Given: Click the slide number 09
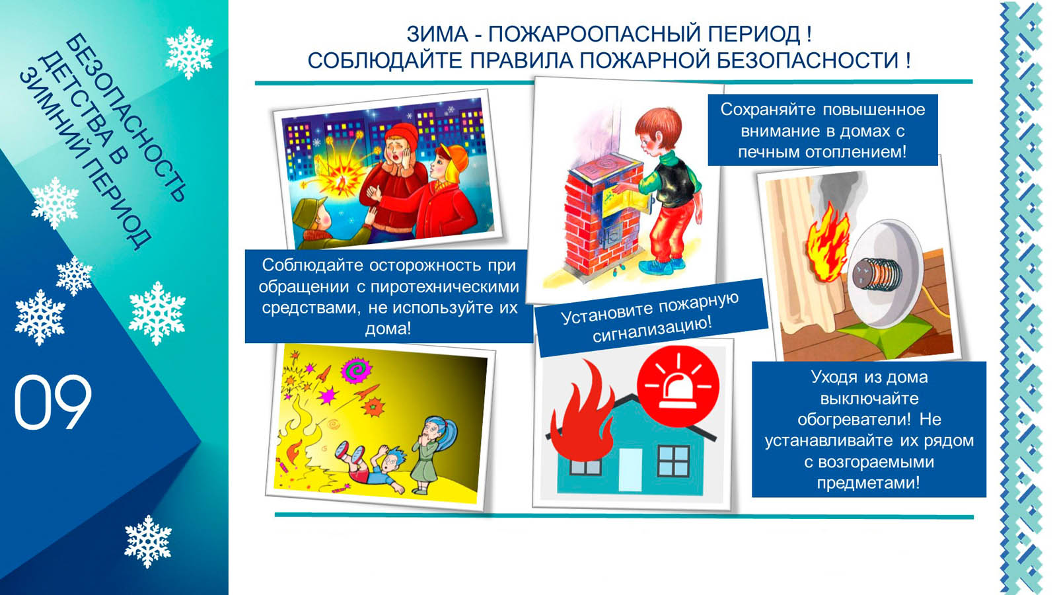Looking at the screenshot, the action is click(x=53, y=402).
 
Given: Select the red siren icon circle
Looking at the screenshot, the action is click(x=678, y=386).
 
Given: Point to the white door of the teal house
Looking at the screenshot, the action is click(x=630, y=470).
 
